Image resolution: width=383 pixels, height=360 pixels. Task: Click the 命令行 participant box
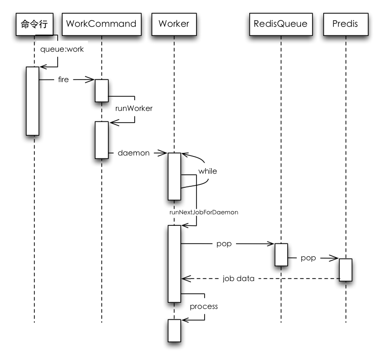(34, 24)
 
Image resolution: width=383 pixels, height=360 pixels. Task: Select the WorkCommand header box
(102, 24)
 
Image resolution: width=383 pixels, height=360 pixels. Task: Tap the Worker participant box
(174, 24)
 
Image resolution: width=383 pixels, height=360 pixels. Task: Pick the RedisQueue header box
(281, 24)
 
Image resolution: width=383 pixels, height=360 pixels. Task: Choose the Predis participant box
(346, 24)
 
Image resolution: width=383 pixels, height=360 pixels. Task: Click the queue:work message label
(62, 49)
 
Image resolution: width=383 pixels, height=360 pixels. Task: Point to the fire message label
(63, 79)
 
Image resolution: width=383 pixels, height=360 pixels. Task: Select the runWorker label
(134, 108)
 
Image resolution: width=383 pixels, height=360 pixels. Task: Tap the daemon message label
(134, 153)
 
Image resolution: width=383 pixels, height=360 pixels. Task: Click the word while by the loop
(208, 171)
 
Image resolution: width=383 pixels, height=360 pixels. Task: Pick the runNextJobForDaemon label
(204, 212)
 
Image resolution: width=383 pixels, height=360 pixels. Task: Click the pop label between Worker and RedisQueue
(224, 244)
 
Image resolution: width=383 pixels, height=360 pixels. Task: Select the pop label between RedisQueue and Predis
(308, 258)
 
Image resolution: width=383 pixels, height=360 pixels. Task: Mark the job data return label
(239, 278)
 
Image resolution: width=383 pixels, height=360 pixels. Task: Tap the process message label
(204, 306)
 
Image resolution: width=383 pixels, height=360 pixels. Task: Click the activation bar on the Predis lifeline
(346, 270)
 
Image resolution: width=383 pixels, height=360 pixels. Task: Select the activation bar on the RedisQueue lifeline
(281, 255)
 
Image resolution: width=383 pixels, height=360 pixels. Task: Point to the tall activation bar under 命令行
(32, 101)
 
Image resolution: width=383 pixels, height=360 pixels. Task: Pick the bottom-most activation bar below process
(174, 331)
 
